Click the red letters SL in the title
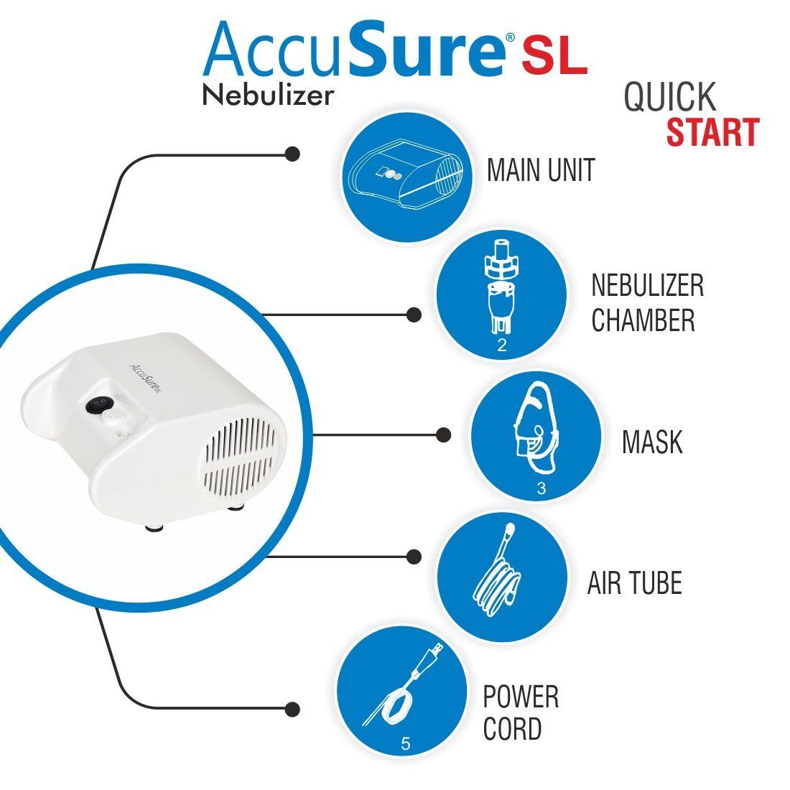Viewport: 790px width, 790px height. pyautogui.click(x=554, y=59)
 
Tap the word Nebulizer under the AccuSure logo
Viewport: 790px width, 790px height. pyautogui.click(x=268, y=95)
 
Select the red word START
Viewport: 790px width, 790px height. pyautogui.click(x=712, y=133)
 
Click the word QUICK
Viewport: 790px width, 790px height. pyautogui.click(x=669, y=97)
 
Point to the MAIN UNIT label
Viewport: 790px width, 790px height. pyautogui.click(x=541, y=171)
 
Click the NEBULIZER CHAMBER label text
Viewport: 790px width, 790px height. pyautogui.click(x=647, y=302)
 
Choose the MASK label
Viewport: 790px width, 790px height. pyautogui.click(x=652, y=442)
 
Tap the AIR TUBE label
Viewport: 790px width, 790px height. pyautogui.click(x=634, y=583)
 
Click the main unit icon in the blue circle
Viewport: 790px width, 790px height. pyautogui.click(x=406, y=176)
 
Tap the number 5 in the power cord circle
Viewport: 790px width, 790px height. pyautogui.click(x=405, y=745)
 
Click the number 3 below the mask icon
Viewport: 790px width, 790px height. pyautogui.click(x=541, y=489)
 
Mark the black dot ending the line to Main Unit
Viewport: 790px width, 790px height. pyautogui.click(x=292, y=154)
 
